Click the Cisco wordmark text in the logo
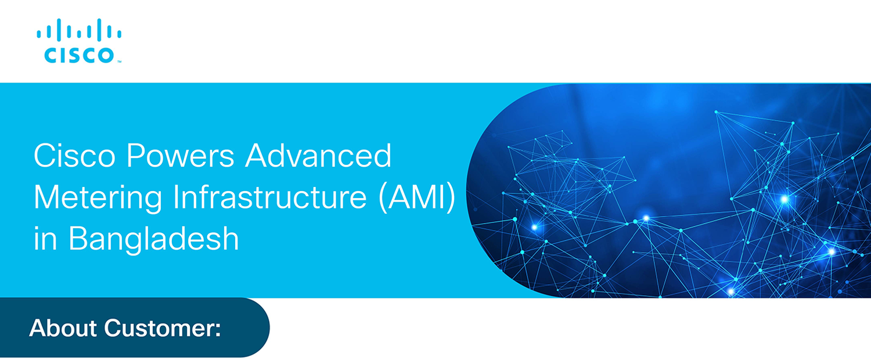pyautogui.click(x=80, y=55)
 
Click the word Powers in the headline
pyautogui.click(x=181, y=156)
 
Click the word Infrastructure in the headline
pyautogui.click(x=270, y=197)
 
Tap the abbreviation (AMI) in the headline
pyautogui.click(x=417, y=197)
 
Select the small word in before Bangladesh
pyautogui.click(x=45, y=239)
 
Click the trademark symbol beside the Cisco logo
pyautogui.click(x=119, y=62)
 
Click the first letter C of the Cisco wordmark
pyautogui.click(x=51, y=55)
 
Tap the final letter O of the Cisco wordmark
pyautogui.click(x=105, y=55)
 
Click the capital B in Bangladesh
pyautogui.click(x=78, y=238)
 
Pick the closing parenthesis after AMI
pyautogui.click(x=451, y=198)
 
